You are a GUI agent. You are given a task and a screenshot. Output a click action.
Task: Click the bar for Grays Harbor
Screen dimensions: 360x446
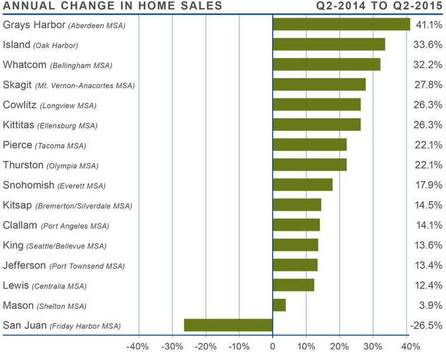point(341,25)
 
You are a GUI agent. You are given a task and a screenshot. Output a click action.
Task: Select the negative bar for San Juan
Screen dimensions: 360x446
point(228,325)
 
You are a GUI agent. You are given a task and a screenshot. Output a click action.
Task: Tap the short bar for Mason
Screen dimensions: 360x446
point(279,305)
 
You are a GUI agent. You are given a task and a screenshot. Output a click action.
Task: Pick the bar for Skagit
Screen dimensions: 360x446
point(319,84)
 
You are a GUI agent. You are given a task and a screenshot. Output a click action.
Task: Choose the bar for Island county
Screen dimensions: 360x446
point(329,45)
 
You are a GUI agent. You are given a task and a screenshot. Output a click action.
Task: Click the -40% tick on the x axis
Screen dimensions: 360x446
point(138,345)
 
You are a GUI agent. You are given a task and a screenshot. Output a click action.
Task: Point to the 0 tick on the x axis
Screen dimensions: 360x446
point(273,345)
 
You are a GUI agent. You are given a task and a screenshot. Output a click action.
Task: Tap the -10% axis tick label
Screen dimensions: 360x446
point(239,345)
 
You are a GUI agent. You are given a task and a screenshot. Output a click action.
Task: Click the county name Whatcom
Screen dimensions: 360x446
point(25,64)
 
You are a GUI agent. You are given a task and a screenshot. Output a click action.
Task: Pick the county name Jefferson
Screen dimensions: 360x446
point(24,265)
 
